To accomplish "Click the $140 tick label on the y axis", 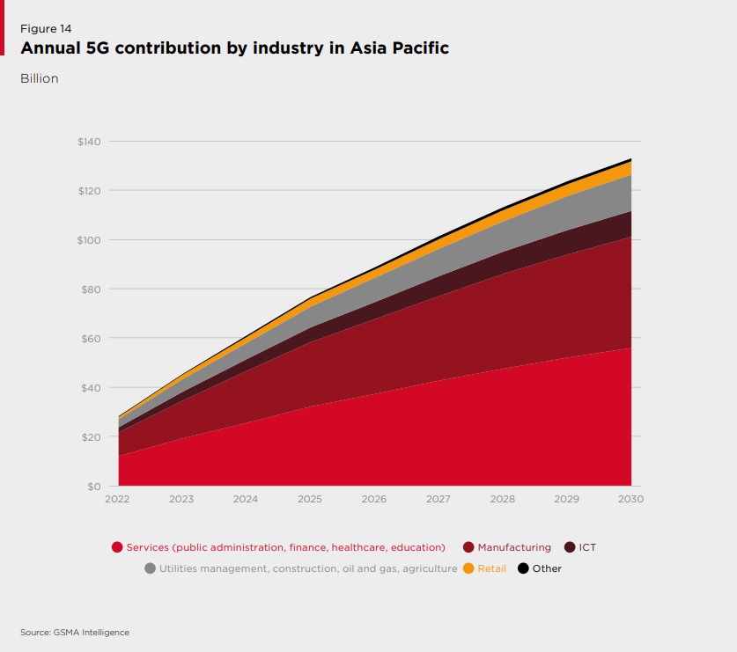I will tap(90, 142).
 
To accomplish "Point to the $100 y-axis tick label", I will tap(90, 240).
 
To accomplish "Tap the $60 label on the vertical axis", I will tap(92, 339).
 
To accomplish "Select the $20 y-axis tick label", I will tap(92, 437).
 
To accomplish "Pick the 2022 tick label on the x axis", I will tap(117, 499).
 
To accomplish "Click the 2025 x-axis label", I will tap(310, 499).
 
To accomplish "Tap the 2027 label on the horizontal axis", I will tap(439, 499).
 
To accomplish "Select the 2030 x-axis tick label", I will tap(630, 499).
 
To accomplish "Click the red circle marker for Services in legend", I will tap(117, 547).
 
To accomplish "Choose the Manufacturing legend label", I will tap(514, 547).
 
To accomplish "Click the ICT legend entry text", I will tap(587, 547).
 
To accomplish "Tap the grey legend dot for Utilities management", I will tap(150, 568).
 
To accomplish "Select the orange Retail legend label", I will tap(491, 568).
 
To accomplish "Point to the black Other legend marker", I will tap(523, 568).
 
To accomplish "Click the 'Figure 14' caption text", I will tap(46, 29).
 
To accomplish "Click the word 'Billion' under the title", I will tap(40, 78).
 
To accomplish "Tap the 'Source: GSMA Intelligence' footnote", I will tap(75, 632).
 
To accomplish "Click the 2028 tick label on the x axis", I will tap(503, 499).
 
